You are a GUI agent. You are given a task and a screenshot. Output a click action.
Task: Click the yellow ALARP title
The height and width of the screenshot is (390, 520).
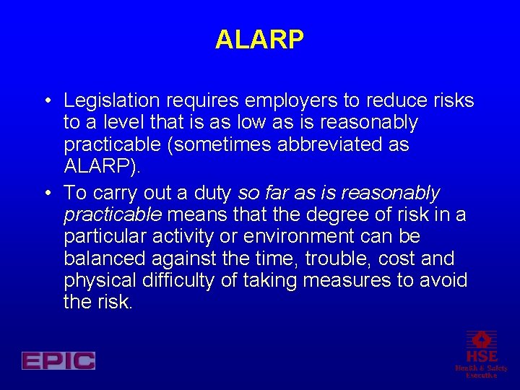(x=259, y=40)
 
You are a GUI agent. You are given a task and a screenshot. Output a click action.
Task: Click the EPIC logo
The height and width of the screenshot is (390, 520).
(x=58, y=360)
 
